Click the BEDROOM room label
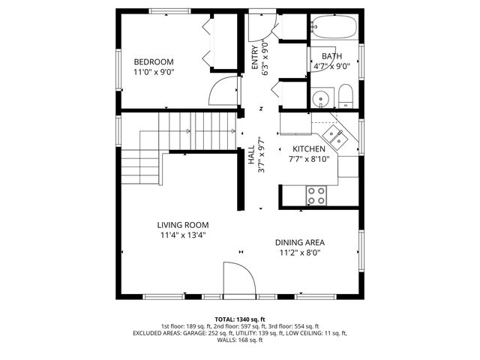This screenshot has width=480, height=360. tap(154, 61)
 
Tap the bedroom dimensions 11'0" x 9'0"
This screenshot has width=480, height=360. tap(154, 73)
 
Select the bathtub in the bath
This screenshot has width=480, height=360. tap(334, 27)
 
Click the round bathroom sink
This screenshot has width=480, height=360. tap(322, 97)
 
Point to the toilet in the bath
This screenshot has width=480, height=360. tap(346, 96)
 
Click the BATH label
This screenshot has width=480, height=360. tap(331, 56)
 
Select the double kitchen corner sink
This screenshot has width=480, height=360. tap(335, 136)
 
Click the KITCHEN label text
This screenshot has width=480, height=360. tap(308, 149)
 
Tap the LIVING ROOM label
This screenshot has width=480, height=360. tap(182, 225)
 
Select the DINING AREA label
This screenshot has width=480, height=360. tap(299, 242)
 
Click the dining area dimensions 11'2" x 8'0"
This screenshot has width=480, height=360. tap(299, 253)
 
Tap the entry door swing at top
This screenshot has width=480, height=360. tap(259, 27)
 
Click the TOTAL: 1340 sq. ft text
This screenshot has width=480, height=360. tap(240, 319)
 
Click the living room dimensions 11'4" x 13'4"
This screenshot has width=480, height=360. tap(182, 235)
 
